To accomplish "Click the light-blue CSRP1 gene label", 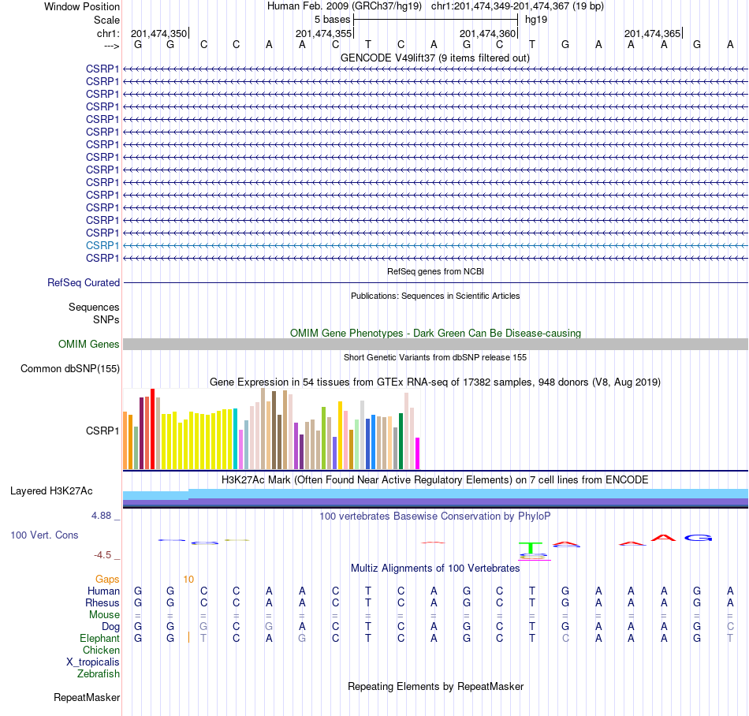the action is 102,245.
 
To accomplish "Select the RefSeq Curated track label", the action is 84,283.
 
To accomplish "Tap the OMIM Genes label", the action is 89,344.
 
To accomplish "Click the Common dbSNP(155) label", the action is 70,369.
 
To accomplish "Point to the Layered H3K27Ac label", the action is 51,491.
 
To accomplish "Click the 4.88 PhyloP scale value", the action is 101,516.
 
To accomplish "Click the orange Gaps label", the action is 107,580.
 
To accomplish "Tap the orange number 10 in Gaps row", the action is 188,580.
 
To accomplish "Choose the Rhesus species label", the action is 102,602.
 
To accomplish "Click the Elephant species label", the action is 99,639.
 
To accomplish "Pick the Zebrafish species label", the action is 99,674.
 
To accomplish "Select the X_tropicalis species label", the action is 93,662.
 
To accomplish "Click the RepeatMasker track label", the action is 87,697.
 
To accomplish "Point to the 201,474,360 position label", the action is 488,33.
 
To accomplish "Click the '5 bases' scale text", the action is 333,20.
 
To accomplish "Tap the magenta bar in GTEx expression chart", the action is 418,453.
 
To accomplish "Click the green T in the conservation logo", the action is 531,548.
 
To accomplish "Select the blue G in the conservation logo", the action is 698,538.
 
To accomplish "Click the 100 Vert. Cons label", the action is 44,535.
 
